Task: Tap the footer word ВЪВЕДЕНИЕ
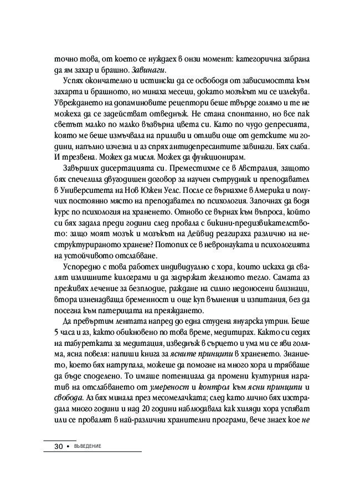pos(89,447)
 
